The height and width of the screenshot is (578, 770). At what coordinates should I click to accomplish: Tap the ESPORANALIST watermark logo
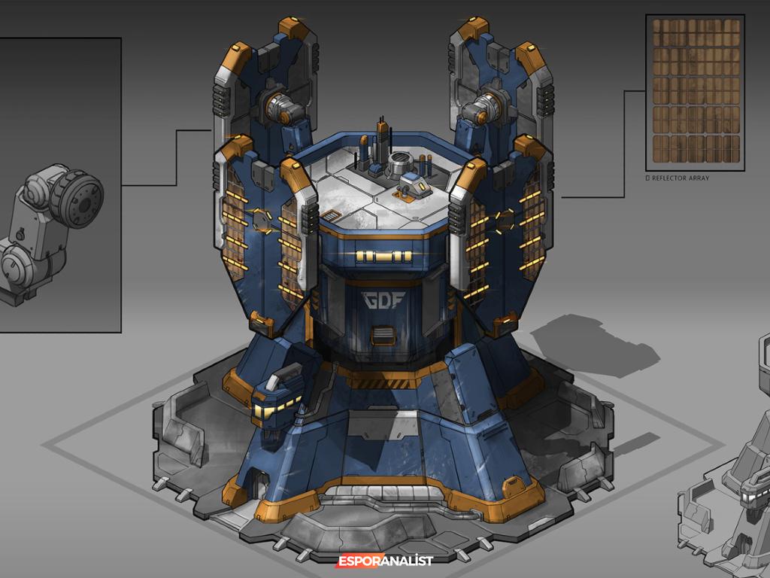point(385,561)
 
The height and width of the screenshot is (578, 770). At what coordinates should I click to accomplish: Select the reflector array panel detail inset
point(696,91)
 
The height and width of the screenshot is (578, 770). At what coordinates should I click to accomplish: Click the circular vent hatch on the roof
point(401,160)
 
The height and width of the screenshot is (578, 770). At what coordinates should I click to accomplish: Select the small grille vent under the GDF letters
point(382,334)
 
